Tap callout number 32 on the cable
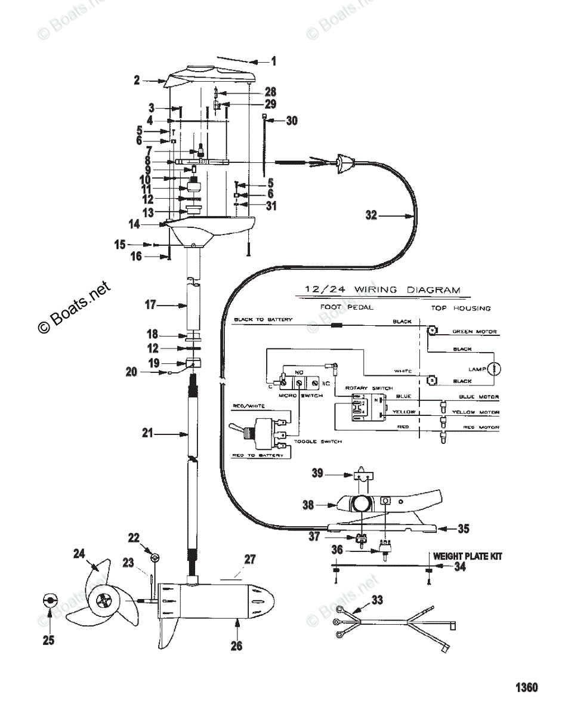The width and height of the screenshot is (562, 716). [371, 215]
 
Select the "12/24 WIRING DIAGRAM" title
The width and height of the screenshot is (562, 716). [382, 290]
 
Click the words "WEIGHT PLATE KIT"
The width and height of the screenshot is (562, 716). [467, 556]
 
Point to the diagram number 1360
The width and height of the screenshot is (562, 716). [527, 687]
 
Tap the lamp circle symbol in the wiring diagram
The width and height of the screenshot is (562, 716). [495, 369]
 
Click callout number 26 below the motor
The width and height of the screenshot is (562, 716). [237, 646]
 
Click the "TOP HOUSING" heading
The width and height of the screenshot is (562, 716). [461, 308]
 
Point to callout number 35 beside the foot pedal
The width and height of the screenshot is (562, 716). [464, 528]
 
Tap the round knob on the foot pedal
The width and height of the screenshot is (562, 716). [360, 504]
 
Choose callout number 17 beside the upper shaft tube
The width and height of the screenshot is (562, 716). [150, 305]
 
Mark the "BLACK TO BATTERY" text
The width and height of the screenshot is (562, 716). [263, 320]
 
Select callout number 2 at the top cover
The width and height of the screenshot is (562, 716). [137, 80]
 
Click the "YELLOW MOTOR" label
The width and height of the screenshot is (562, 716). [475, 412]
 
